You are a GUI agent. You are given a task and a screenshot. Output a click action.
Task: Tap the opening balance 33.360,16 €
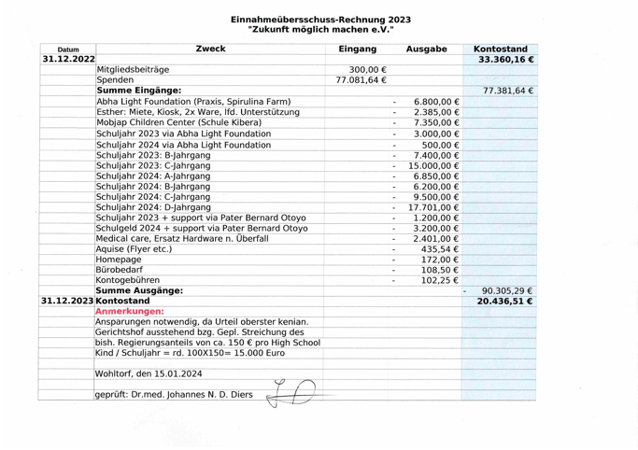(505, 60)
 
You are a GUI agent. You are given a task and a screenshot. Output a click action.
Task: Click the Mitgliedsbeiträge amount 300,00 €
(367, 70)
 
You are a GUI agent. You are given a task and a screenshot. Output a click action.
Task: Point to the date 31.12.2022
(68, 60)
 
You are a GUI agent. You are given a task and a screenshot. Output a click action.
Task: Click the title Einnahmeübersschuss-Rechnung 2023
(320, 19)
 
